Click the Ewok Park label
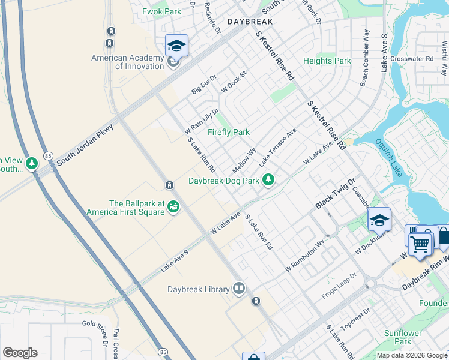coord(161,11)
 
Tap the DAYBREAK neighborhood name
coord(250,21)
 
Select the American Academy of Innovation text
coord(127,62)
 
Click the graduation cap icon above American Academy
coord(176,46)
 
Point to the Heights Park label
coord(327,61)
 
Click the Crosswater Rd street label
coord(411,59)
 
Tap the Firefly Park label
coord(228,132)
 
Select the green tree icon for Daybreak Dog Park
coord(270,179)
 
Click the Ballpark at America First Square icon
coord(173,207)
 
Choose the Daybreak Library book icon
coord(239,289)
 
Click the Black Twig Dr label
coord(336,194)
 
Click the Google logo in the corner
coord(20,353)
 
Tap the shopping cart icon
coord(420,244)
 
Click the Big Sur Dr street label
coord(204,86)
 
